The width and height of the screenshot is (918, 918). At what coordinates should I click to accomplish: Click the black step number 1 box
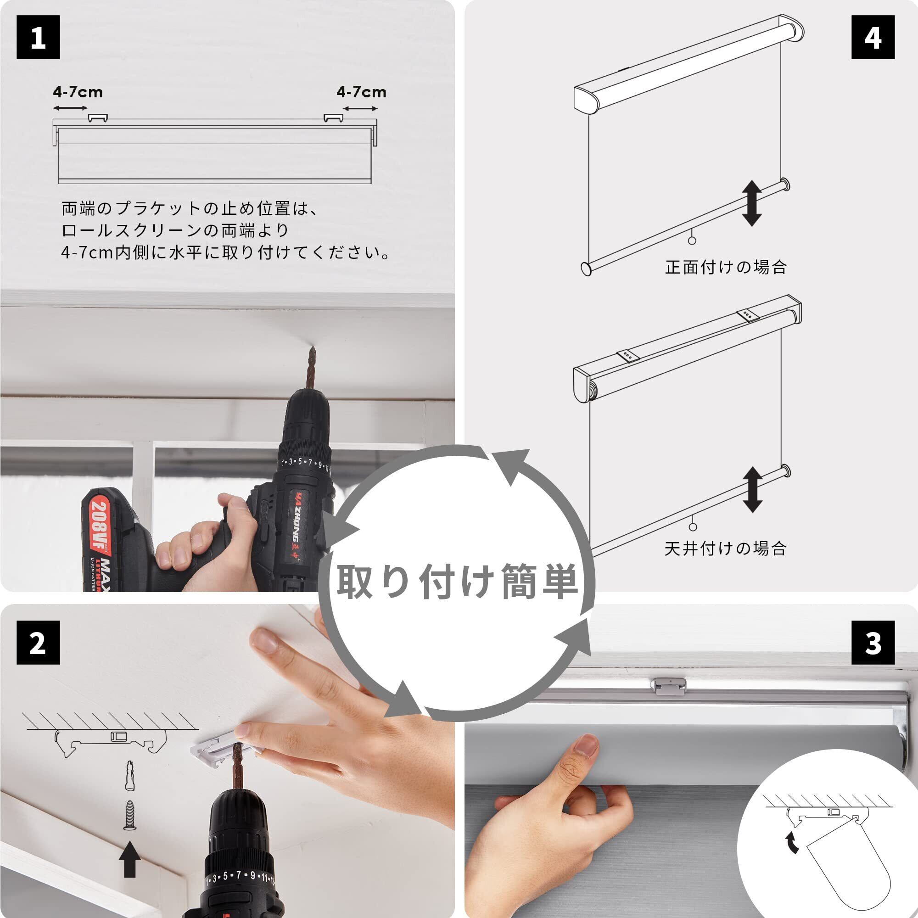click(x=38, y=37)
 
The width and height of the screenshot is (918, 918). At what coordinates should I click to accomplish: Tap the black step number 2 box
click(x=38, y=643)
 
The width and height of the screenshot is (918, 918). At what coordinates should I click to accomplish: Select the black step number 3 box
click(x=873, y=643)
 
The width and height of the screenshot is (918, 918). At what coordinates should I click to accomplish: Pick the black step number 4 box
click(x=873, y=37)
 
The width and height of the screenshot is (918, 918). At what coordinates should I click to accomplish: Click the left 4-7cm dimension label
click(x=78, y=92)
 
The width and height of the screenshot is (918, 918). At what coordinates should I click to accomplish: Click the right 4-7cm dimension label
click(x=361, y=92)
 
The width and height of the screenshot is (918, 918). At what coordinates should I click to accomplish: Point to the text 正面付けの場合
click(x=726, y=267)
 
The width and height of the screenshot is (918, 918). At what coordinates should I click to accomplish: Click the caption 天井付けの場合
click(x=725, y=549)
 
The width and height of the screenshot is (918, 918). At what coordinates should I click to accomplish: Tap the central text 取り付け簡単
click(x=457, y=581)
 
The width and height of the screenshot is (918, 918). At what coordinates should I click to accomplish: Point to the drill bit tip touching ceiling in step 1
click(x=312, y=347)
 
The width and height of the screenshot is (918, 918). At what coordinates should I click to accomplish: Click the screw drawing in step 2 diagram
click(x=130, y=815)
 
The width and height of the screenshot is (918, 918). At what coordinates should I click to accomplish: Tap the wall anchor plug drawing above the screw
click(x=130, y=776)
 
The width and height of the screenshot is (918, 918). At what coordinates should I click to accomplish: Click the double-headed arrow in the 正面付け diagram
click(x=752, y=203)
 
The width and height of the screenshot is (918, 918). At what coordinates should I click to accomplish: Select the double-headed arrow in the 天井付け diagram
click(x=752, y=489)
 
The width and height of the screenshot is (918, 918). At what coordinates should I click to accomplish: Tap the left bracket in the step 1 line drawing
click(x=98, y=118)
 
